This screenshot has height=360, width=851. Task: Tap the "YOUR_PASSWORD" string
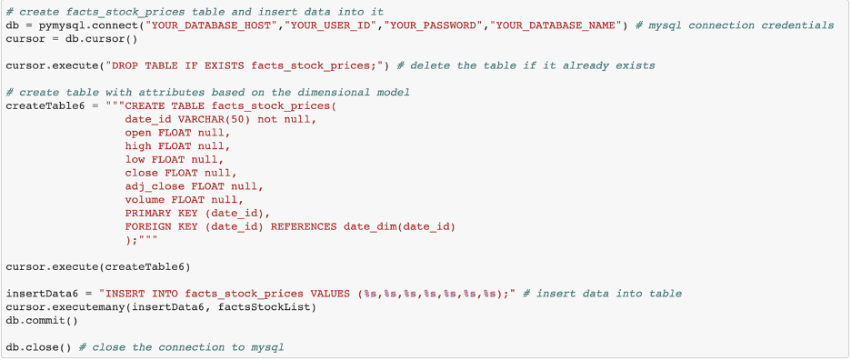click(436, 25)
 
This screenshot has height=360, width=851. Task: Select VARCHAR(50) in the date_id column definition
click(218, 119)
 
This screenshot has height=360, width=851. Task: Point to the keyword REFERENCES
click(303, 226)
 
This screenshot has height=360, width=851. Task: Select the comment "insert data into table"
click(608, 294)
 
